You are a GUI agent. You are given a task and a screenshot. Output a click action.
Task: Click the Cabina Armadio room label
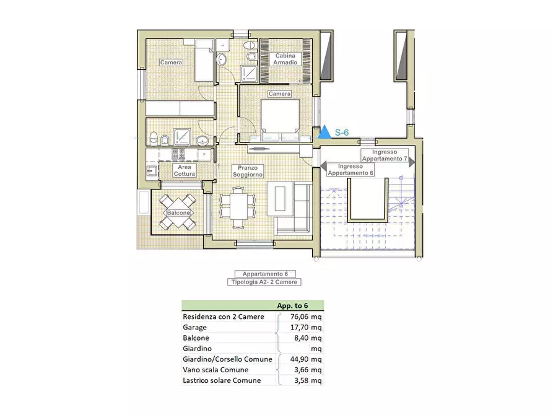(x=285, y=59)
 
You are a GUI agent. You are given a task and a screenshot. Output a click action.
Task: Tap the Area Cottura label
(x=184, y=170)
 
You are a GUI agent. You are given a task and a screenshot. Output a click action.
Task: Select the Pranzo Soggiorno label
(x=248, y=171)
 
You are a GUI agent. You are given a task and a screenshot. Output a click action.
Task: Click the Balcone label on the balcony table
(x=178, y=213)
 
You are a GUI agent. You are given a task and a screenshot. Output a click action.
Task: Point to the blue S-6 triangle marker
(x=324, y=132)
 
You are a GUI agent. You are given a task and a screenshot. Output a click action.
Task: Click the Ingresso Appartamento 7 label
(x=385, y=155)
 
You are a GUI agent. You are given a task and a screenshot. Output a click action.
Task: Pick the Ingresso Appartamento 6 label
(x=351, y=169)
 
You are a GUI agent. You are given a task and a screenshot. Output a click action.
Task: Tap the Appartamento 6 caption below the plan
(x=265, y=274)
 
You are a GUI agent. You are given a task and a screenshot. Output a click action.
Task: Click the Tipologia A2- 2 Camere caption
(x=264, y=282)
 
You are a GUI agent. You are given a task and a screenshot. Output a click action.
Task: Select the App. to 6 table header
(x=292, y=305)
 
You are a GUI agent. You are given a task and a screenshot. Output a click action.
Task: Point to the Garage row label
(x=194, y=328)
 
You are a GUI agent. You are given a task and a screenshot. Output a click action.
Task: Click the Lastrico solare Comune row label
(x=222, y=380)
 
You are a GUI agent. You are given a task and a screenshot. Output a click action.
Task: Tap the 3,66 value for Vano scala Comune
(x=302, y=370)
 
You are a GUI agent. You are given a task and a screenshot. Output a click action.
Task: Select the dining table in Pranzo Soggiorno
(x=237, y=207)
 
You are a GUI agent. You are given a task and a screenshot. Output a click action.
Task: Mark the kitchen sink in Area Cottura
(x=152, y=171)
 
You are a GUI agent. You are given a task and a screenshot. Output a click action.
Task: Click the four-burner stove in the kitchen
(x=178, y=154)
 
